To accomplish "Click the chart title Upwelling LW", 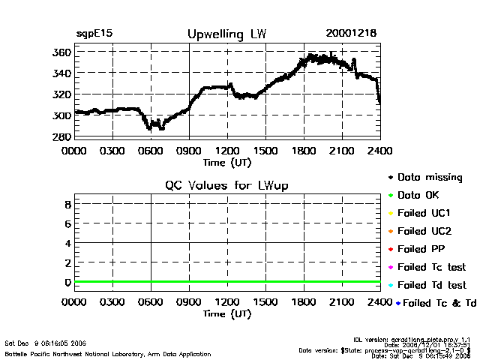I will click(x=226, y=34).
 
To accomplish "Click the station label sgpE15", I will click(x=95, y=34).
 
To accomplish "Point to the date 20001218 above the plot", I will click(x=351, y=34).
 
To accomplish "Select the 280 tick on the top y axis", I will click(x=62, y=136).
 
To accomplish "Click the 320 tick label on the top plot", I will click(x=62, y=94).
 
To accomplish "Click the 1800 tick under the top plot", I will click(x=304, y=150).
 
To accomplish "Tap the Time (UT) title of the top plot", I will click(x=227, y=161).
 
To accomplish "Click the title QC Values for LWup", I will click(x=226, y=185).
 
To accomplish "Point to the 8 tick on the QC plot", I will click(x=67, y=204).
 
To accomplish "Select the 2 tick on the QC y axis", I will click(x=67, y=262).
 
